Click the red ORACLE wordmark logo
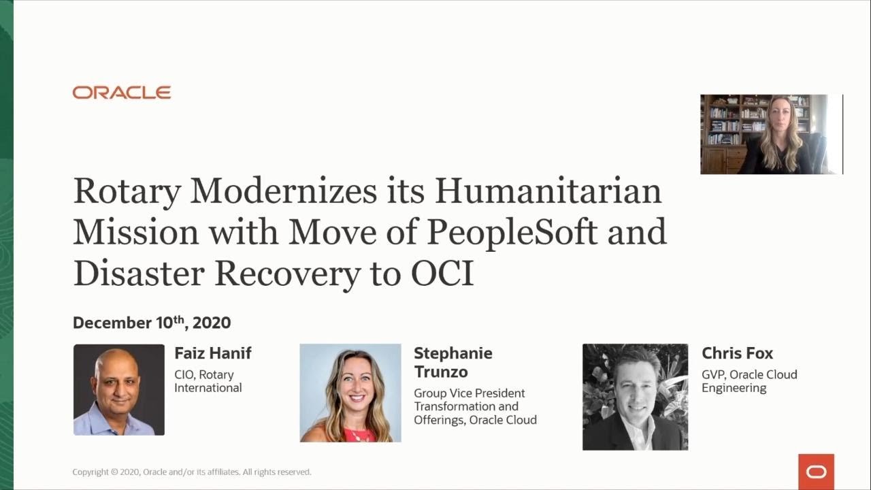pyautogui.click(x=122, y=93)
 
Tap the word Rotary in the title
pyautogui.click(x=127, y=191)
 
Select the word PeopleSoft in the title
pyautogui.click(x=512, y=232)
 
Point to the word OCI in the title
pyautogui.click(x=442, y=274)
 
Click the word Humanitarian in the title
pyautogui.click(x=548, y=191)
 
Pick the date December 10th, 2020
pyautogui.click(x=152, y=323)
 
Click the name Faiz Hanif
pyautogui.click(x=213, y=353)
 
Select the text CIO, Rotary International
pyautogui.click(x=208, y=381)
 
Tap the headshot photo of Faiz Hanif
pyautogui.click(x=119, y=389)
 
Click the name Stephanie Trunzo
pyautogui.click(x=453, y=362)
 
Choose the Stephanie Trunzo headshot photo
pyautogui.click(x=350, y=393)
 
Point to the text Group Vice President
pyautogui.click(x=470, y=393)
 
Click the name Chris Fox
pyautogui.click(x=737, y=353)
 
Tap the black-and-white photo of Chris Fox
pyautogui.click(x=635, y=397)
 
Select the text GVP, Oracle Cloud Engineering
pyautogui.click(x=749, y=381)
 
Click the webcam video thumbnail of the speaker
pyautogui.click(x=771, y=134)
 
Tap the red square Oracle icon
pyautogui.click(x=816, y=472)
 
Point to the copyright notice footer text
pyautogui.click(x=192, y=472)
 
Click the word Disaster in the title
pyautogui.click(x=139, y=274)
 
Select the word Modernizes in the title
pyautogui.click(x=283, y=191)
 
